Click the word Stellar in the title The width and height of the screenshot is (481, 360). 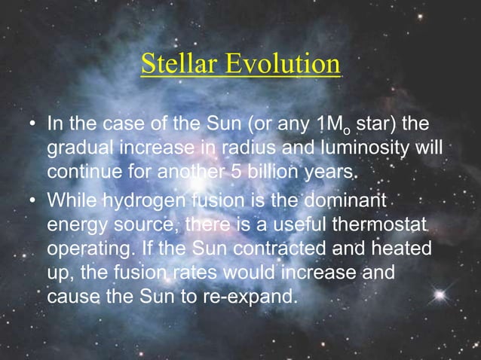(178, 65)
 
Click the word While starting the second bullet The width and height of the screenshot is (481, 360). (72, 201)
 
